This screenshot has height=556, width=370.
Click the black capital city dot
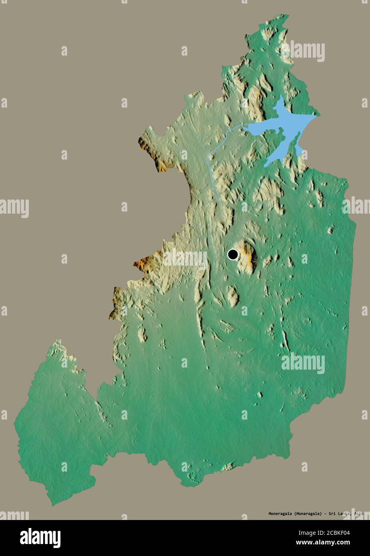point(233,254)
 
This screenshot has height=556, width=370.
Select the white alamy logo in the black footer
point(40,538)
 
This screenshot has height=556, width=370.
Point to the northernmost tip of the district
point(285,16)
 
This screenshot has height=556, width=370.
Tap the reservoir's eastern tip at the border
point(317,116)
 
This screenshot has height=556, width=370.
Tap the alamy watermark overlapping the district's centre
point(185,259)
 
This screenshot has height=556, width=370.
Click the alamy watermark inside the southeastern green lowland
point(303,363)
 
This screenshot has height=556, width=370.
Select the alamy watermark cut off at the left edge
point(14,208)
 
